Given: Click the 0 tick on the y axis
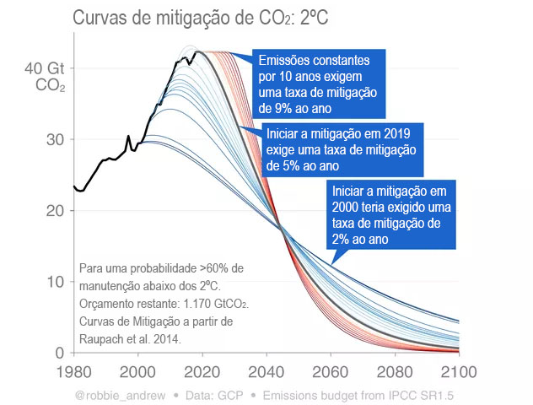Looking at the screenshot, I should click(59, 353).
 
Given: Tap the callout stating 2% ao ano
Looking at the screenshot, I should click(390, 215).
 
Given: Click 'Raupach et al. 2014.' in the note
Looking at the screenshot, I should click(131, 338).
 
